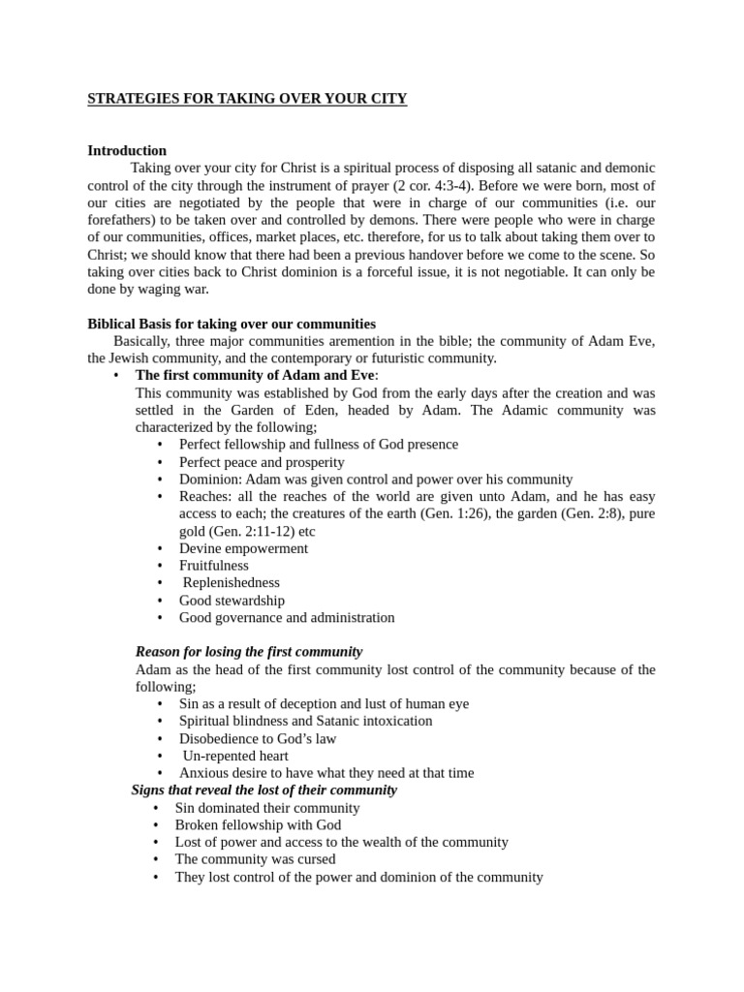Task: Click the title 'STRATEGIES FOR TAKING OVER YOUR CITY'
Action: pyautogui.click(x=247, y=99)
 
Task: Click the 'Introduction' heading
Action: pyautogui.click(x=127, y=151)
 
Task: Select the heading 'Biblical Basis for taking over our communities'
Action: pyautogui.click(x=232, y=325)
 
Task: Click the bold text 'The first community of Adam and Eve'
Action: pyautogui.click(x=255, y=376)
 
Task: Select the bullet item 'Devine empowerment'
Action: pyautogui.click(x=243, y=548)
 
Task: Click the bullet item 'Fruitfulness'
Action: pyautogui.click(x=213, y=566)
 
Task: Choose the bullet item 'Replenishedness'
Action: pyautogui.click(x=231, y=583)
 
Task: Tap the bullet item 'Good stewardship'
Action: pyautogui.click(x=232, y=601)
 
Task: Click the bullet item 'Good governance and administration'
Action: pyautogui.click(x=287, y=618)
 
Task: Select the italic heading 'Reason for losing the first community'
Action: pyautogui.click(x=249, y=652)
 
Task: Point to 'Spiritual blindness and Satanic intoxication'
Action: pyautogui.click(x=305, y=722)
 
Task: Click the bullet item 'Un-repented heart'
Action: pyautogui.click(x=235, y=757)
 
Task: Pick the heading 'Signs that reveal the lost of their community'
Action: pyautogui.click(x=264, y=790)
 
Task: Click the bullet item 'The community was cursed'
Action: pyautogui.click(x=255, y=860)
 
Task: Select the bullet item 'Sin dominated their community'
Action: pyautogui.click(x=266, y=808)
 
